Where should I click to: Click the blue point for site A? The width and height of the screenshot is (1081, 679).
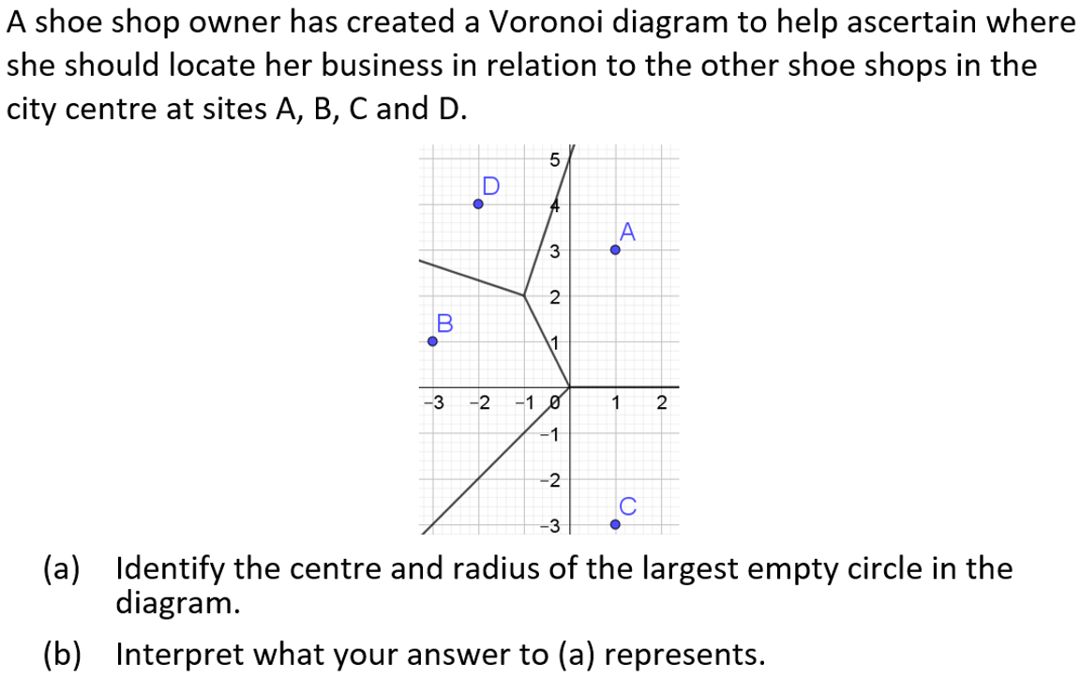615,249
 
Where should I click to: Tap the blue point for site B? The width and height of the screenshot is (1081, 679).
432,341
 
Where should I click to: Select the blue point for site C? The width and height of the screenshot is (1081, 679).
615,524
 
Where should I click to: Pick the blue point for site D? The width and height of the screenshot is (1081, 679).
478,204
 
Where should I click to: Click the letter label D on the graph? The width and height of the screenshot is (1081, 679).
490,185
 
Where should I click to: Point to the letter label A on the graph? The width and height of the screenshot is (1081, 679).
627,231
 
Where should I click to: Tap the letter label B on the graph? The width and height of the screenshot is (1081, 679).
444,323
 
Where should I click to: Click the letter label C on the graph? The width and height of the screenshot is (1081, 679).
627,506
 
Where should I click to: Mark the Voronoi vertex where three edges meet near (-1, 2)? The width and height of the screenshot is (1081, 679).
524,295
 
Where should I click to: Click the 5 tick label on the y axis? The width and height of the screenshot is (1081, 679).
554,160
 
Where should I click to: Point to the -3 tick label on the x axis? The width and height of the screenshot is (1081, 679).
432,404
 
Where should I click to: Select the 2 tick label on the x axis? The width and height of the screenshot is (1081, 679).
661,404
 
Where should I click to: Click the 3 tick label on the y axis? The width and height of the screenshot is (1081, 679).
554,251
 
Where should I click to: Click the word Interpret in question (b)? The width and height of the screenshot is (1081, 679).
178,653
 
